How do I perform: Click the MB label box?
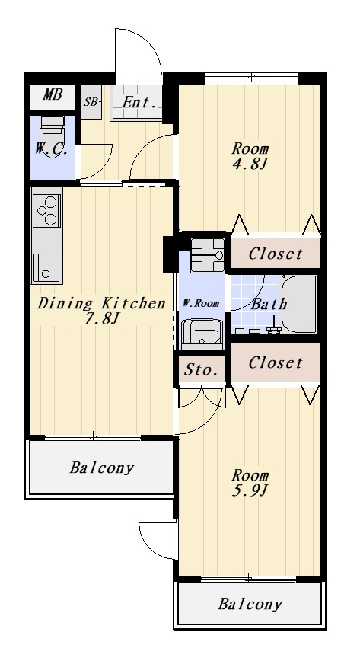53,95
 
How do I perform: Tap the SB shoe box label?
91,101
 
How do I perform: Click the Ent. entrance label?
139,103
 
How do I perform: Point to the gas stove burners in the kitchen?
46,210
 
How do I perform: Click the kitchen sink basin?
46,267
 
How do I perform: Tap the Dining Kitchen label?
101,304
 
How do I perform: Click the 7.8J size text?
100,318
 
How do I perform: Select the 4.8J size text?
250,164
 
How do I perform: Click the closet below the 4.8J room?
276,254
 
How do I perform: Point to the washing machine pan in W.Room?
206,255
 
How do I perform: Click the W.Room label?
201,303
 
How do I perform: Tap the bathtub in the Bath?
298,304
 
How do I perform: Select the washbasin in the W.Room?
202,334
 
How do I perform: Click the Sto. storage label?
201,370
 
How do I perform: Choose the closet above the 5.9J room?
276,362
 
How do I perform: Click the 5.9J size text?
250,490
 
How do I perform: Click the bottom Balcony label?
250,604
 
